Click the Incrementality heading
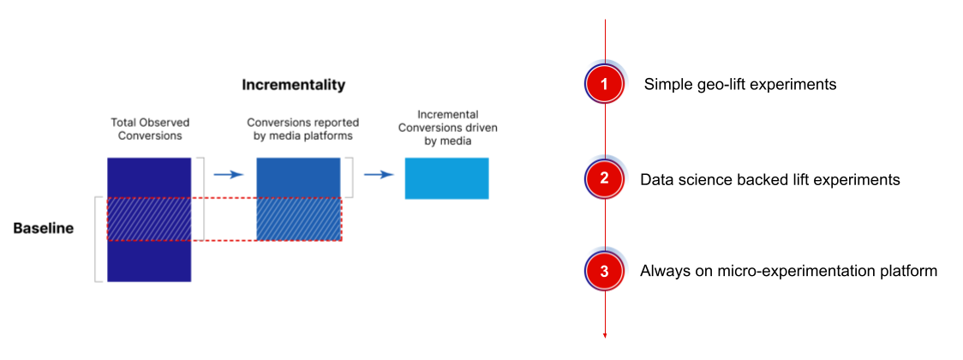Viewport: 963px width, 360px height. (293, 85)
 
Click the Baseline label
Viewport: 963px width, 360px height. (44, 229)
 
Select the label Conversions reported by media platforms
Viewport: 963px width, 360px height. (302, 130)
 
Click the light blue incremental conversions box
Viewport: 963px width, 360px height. (446, 178)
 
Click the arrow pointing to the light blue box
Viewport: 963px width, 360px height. (379, 175)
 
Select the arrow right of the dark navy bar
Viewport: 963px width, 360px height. (229, 175)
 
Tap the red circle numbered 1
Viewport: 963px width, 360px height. (604, 84)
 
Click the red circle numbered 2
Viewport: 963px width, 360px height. (604, 178)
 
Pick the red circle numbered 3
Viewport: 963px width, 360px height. (604, 271)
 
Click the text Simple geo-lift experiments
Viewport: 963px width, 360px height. (740, 85)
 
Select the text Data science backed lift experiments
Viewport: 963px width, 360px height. (769, 179)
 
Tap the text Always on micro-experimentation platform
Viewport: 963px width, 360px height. (788, 272)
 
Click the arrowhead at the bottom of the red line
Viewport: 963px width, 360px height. (605, 336)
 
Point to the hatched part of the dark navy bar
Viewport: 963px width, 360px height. (149, 219)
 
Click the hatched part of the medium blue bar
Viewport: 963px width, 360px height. (298, 219)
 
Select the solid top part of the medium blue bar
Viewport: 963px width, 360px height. (298, 178)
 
